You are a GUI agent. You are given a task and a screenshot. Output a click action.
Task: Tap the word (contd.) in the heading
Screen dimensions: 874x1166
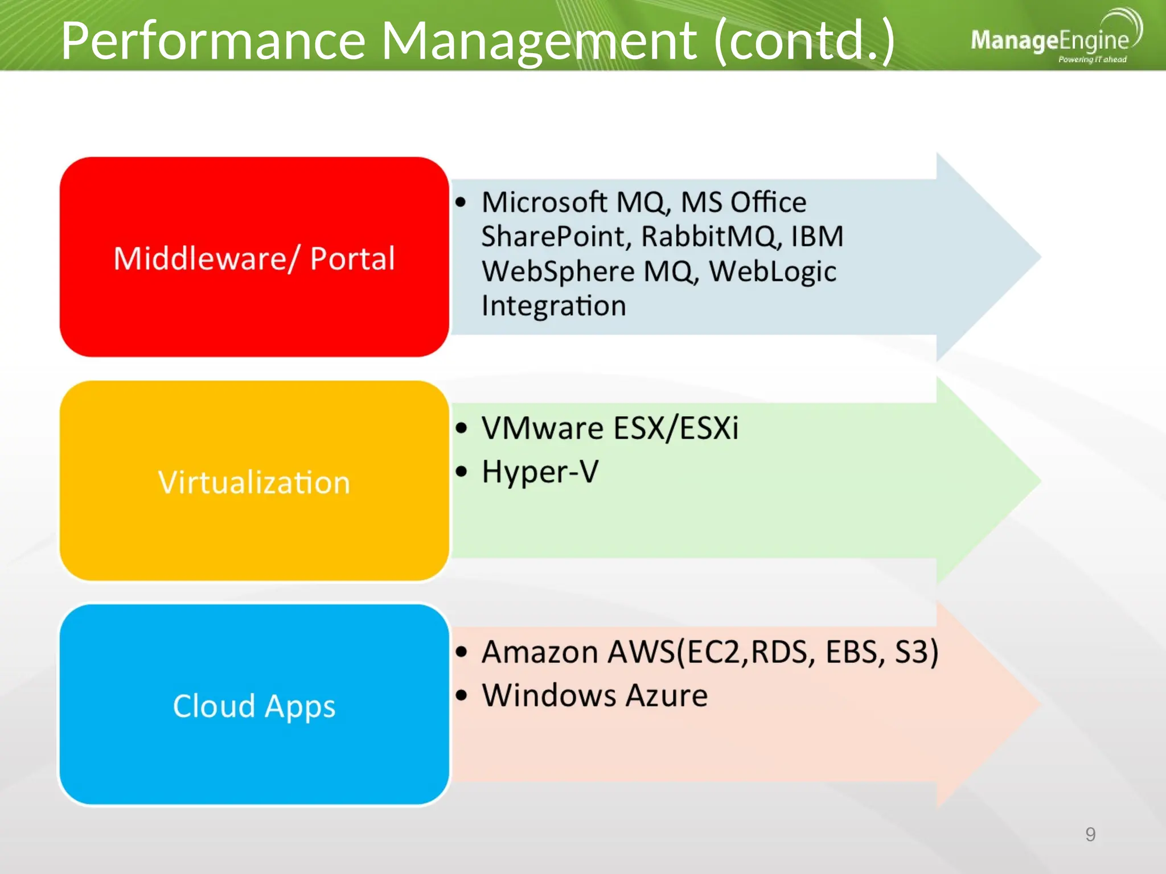pyautogui.click(x=803, y=41)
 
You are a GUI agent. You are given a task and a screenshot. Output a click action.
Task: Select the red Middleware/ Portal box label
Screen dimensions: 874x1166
pyautogui.click(x=254, y=258)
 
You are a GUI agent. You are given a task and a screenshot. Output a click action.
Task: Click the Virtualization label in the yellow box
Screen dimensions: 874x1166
pyautogui.click(x=254, y=483)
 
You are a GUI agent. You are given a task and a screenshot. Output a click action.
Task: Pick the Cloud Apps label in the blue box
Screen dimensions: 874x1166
pyautogui.click(x=254, y=706)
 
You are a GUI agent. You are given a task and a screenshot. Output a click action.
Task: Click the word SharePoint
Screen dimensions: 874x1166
pyautogui.click(x=556, y=237)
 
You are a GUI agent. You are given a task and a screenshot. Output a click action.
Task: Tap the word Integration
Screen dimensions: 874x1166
pyautogui.click(x=553, y=306)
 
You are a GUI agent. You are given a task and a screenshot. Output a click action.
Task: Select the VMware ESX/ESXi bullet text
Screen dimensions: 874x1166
pyautogui.click(x=610, y=428)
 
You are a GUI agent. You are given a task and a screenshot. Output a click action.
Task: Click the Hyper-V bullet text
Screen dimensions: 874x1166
pyautogui.click(x=540, y=472)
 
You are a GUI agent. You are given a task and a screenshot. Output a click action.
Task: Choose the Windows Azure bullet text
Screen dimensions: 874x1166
pyautogui.click(x=594, y=695)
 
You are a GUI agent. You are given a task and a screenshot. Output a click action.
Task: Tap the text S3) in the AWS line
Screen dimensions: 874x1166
pyautogui.click(x=916, y=652)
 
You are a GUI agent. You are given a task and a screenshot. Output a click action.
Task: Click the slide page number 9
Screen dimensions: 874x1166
pyautogui.click(x=1090, y=834)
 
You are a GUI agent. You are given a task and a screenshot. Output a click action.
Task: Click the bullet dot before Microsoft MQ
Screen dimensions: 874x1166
pyautogui.click(x=461, y=202)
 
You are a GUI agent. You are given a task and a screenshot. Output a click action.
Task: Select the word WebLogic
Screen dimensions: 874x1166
pyautogui.click(x=773, y=272)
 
